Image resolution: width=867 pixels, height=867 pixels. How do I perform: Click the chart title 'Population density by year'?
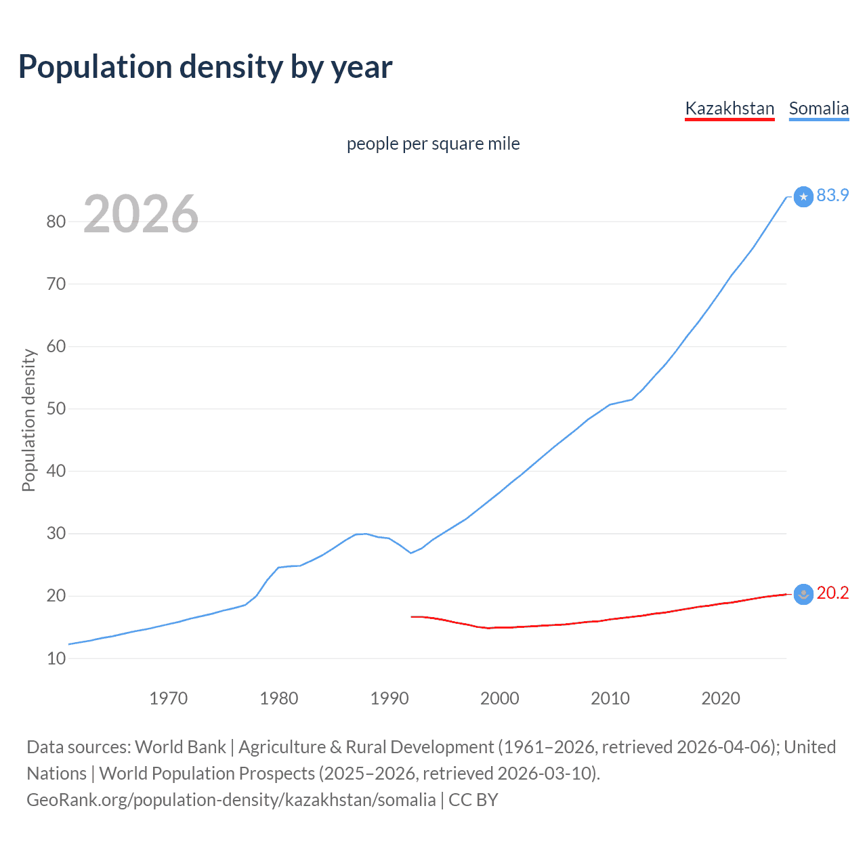(x=205, y=66)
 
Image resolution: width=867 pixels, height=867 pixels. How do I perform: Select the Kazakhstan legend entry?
(x=729, y=108)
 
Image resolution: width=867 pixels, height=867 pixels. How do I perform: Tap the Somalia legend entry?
(x=818, y=108)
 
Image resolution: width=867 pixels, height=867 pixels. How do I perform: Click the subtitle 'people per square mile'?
(x=433, y=144)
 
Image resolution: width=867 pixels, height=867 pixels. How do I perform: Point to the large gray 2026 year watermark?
(x=141, y=214)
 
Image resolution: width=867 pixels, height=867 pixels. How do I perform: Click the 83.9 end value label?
(x=832, y=195)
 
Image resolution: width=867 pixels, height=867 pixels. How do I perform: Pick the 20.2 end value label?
(x=832, y=593)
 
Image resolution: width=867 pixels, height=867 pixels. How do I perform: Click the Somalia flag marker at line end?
(x=803, y=196)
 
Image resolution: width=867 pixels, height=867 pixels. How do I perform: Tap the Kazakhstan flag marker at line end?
(x=803, y=594)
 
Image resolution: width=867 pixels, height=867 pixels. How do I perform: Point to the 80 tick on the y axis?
(x=56, y=221)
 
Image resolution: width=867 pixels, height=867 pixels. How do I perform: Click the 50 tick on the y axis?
(x=56, y=408)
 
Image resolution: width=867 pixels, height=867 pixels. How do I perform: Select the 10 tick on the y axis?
(x=56, y=658)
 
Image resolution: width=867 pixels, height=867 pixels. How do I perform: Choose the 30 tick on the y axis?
(x=56, y=534)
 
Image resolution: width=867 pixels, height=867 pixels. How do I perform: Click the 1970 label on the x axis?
(x=168, y=698)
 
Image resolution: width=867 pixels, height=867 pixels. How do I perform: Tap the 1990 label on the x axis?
(x=389, y=698)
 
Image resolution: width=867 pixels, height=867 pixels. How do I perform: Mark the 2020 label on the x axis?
(x=720, y=698)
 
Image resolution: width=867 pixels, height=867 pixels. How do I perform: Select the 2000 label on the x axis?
(x=499, y=698)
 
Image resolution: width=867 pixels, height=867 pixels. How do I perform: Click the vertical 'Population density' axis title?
(x=28, y=420)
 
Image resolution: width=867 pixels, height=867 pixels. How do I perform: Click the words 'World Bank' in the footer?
(x=180, y=746)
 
